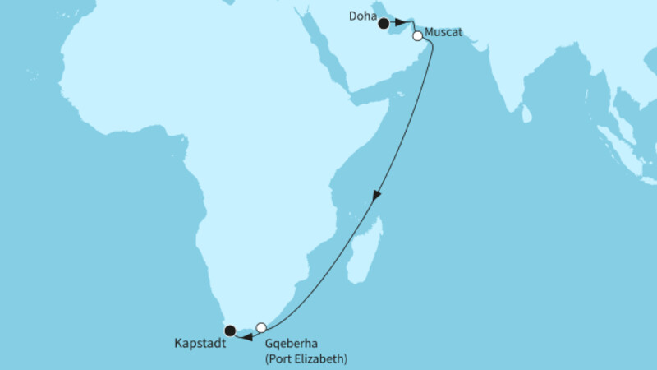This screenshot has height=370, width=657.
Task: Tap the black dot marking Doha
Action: [x=384, y=24]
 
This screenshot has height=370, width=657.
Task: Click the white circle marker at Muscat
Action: [x=417, y=36]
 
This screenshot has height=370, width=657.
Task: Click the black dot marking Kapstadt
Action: [x=230, y=331]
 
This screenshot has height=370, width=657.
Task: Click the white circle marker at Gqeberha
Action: [x=261, y=327]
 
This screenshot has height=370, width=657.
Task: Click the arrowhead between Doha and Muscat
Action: [x=401, y=24]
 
